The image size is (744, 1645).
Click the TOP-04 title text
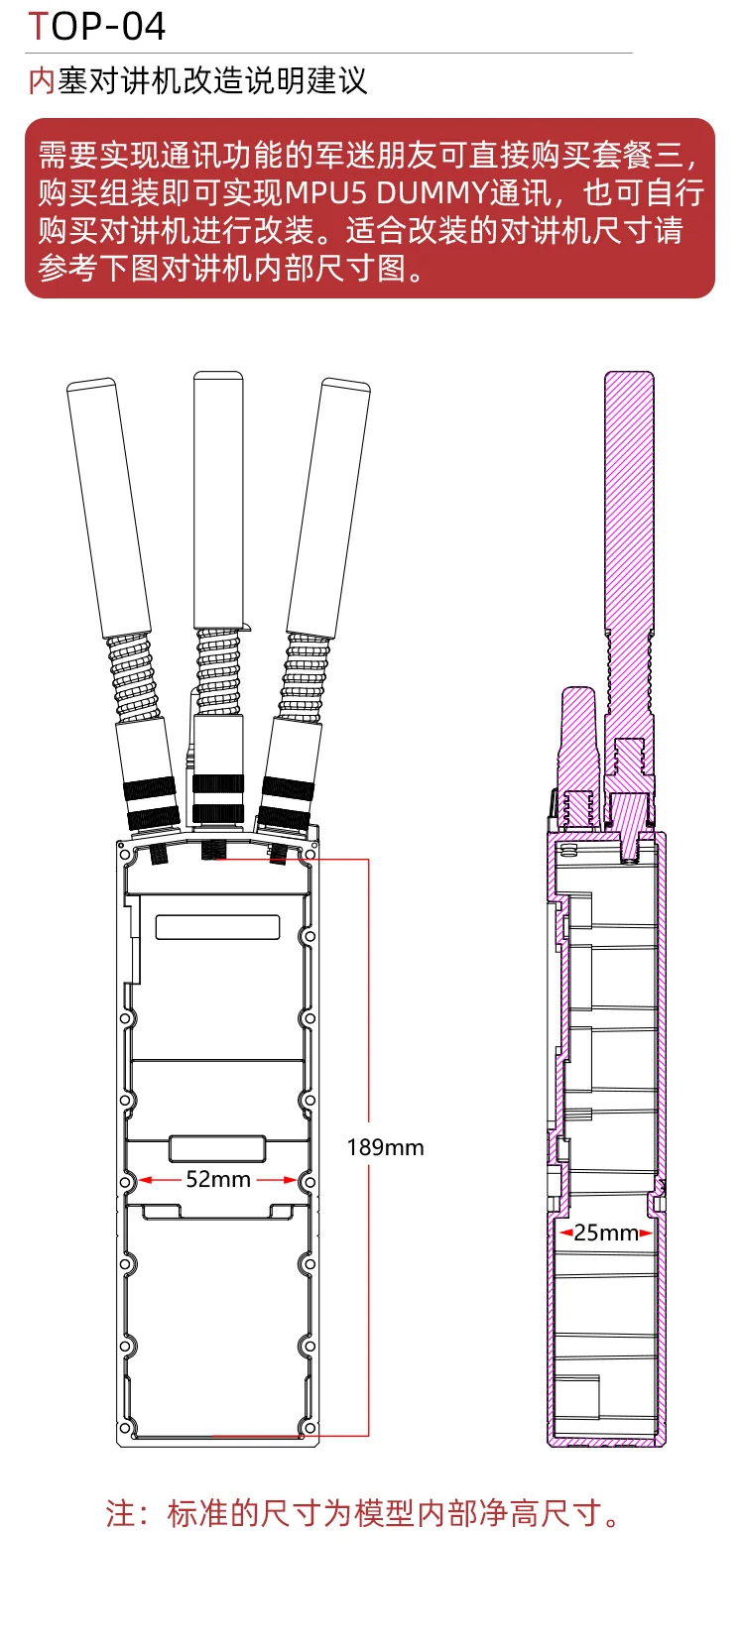(x=96, y=27)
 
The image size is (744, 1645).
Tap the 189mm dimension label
(x=385, y=1147)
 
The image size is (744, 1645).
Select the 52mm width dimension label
(x=217, y=1179)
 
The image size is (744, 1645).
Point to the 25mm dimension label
(x=606, y=1233)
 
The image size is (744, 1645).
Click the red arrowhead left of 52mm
(x=146, y=1180)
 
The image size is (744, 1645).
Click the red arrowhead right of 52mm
(x=291, y=1180)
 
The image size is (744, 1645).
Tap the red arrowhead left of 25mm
(x=565, y=1234)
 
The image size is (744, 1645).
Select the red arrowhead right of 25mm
(x=646, y=1234)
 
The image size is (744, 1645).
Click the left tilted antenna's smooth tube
(x=109, y=507)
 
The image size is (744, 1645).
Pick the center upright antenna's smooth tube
(x=218, y=500)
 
